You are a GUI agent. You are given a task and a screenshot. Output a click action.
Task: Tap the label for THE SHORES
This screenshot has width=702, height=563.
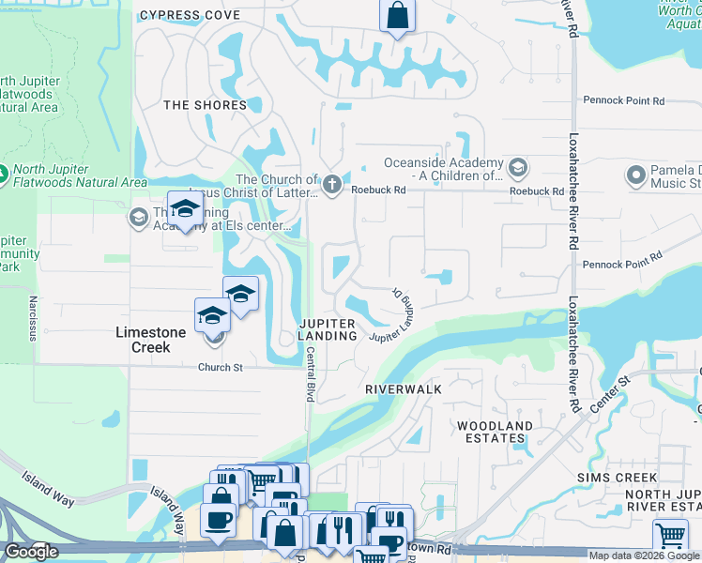tap(205, 105)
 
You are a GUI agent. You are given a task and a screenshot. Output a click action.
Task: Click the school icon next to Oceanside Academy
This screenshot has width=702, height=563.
tap(518, 169)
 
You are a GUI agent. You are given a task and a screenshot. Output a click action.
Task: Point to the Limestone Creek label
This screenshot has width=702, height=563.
tap(143, 340)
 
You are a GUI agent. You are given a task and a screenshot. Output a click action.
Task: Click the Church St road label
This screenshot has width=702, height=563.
tap(221, 367)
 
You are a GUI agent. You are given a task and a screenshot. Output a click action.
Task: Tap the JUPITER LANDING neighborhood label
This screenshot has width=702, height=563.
tap(328, 330)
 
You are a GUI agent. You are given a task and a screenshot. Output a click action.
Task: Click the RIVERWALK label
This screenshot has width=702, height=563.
tap(403, 388)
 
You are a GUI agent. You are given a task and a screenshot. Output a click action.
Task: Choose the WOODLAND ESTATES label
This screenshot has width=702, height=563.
tap(495, 432)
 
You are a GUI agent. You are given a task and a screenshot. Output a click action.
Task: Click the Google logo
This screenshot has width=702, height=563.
tap(31, 552)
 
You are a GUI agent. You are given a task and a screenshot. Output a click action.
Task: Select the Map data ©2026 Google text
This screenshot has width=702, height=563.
tap(642, 555)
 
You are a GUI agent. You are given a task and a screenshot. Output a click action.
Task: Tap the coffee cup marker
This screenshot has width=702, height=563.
tap(219, 521)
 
